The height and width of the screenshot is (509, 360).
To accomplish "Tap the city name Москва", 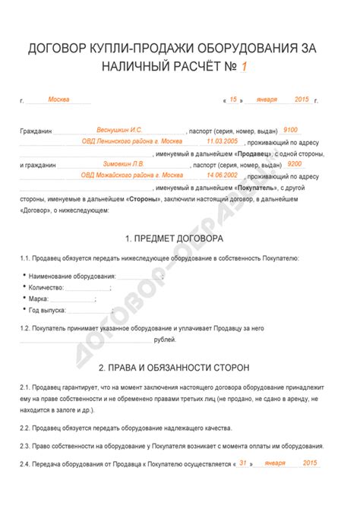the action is coord(58,100).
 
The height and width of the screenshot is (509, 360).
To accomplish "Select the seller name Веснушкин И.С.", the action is coord(119,130).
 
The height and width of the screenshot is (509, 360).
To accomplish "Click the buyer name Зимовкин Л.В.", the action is coord(122,163).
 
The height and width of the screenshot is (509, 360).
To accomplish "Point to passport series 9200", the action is coord(295,163).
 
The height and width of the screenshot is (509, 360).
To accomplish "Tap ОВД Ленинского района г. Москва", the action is coord(131,141).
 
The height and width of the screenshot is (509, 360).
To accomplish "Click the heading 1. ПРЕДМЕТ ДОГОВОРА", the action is coord(180,239).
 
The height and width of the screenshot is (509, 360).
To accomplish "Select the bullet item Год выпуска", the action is coord(47,310).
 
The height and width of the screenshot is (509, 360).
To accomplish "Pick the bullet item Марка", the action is coord(39,299).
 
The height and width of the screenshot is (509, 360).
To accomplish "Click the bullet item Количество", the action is coord(46,287).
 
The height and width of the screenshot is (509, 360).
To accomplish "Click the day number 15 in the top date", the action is coord(233,100).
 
